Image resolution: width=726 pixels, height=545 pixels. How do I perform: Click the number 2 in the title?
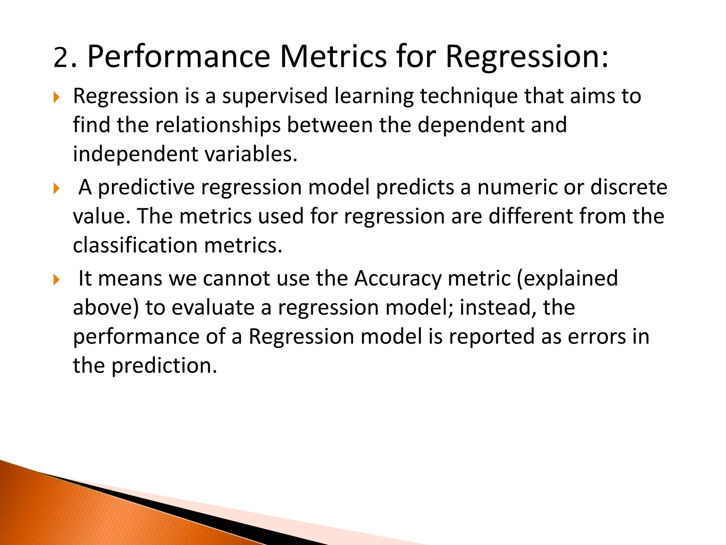pos(61,57)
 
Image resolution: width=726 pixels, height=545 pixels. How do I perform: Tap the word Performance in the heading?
pos(178,57)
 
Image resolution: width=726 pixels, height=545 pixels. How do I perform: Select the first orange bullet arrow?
pos(56,97)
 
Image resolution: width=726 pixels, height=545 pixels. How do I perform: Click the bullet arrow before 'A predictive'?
pos(56,188)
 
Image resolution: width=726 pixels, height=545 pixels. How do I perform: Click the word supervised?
pos(275,96)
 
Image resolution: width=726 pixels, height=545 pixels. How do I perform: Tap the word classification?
pos(135,246)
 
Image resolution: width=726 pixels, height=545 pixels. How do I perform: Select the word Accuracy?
pos(398,278)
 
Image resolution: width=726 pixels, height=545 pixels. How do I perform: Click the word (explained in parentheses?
pos(567,278)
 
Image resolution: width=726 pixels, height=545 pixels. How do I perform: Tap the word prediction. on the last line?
pos(164,366)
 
